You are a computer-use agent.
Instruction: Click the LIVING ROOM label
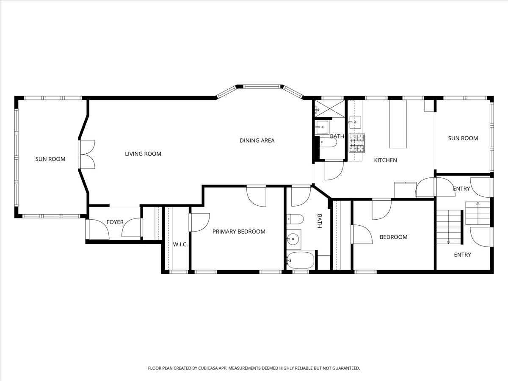click(x=143, y=154)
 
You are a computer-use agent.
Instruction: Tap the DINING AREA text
click(x=257, y=141)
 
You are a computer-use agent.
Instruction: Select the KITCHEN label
click(x=386, y=160)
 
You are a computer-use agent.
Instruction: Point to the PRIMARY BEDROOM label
click(x=239, y=232)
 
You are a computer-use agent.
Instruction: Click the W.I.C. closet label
click(x=180, y=245)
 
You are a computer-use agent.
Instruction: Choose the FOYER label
click(x=115, y=222)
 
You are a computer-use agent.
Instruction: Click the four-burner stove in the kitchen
click(x=357, y=143)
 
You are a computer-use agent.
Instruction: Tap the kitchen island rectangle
click(x=398, y=124)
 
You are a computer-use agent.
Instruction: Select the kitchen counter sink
click(x=355, y=122)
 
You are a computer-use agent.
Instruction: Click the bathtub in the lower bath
click(x=301, y=260)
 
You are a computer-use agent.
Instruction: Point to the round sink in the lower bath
click(x=293, y=239)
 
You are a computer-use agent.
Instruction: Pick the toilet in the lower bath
click(x=295, y=219)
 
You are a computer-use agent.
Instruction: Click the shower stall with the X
click(x=330, y=108)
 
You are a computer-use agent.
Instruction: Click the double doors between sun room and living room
click(x=86, y=154)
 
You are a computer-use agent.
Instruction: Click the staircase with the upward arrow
click(x=478, y=213)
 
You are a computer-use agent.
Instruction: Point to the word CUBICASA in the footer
click(x=208, y=368)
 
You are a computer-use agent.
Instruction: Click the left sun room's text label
click(x=50, y=159)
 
